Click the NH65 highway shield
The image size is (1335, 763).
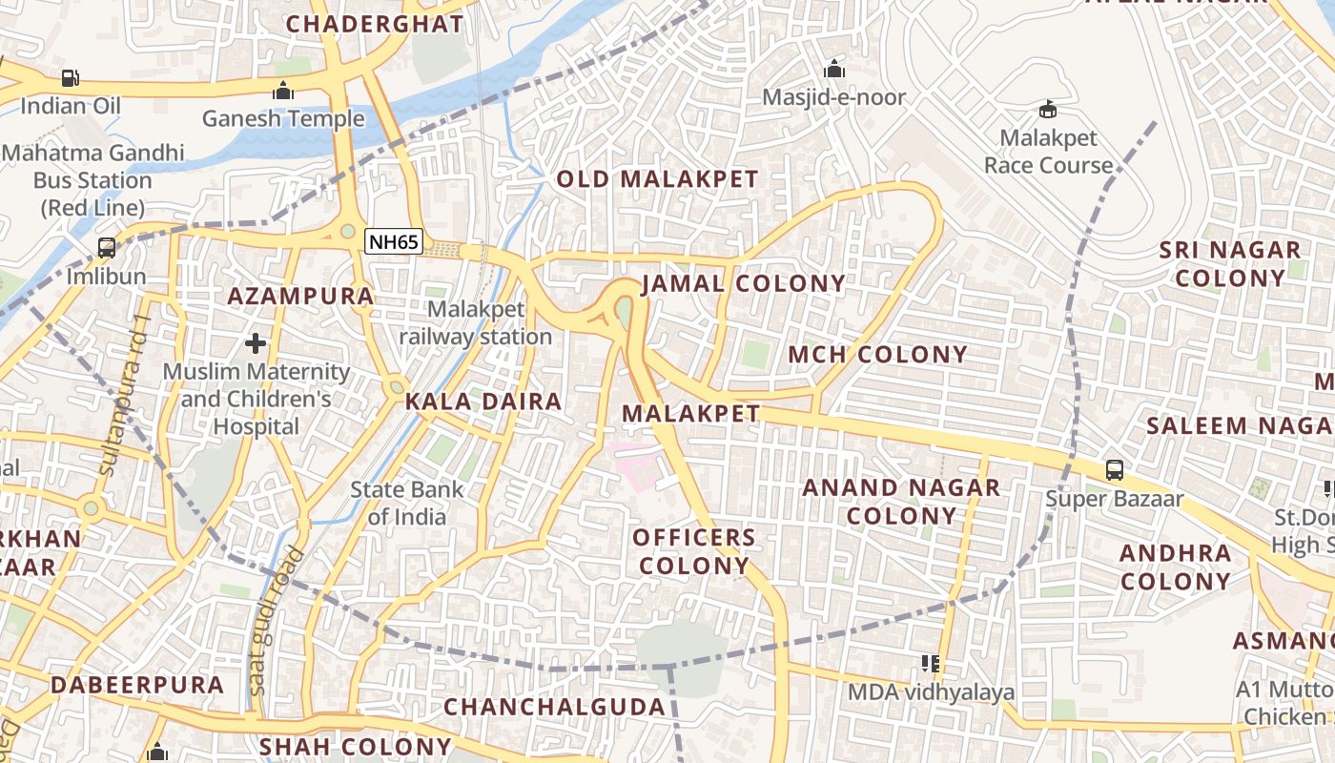pyautogui.click(x=394, y=242)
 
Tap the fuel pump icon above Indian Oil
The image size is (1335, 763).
pyautogui.click(x=71, y=78)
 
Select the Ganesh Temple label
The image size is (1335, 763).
pyautogui.click(x=283, y=118)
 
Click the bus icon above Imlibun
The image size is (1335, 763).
pyautogui.click(x=107, y=248)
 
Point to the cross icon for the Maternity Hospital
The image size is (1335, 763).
pyautogui.click(x=256, y=343)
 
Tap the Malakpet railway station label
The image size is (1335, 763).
pyautogui.click(x=476, y=323)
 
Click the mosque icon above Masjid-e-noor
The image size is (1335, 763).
pyautogui.click(x=834, y=69)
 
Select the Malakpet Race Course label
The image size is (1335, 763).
pyautogui.click(x=1048, y=152)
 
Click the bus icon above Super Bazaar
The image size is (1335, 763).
pyautogui.click(x=1114, y=470)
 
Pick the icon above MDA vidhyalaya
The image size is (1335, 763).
pyautogui.click(x=931, y=663)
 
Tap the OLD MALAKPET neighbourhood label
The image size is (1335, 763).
pyautogui.click(x=657, y=179)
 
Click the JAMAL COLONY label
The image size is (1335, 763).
pyautogui.click(x=743, y=283)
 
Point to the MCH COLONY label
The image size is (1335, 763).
pyautogui.click(x=877, y=355)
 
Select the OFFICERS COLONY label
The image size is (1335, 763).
pyautogui.click(x=694, y=551)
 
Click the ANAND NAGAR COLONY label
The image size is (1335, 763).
pyautogui.click(x=901, y=502)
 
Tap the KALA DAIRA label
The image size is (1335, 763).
pyautogui.click(x=483, y=402)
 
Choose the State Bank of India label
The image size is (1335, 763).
pyautogui.click(x=407, y=504)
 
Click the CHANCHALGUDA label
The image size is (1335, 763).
pyautogui.click(x=554, y=707)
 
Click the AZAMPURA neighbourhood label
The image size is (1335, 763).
pyautogui.click(x=300, y=296)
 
